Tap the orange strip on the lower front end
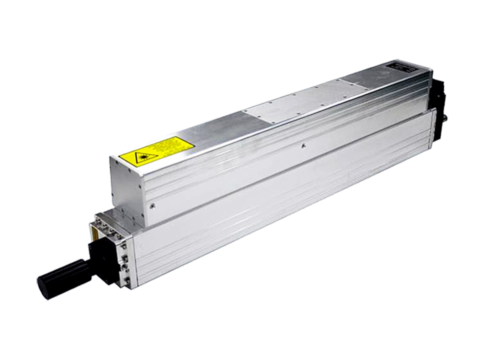(x=91, y=235)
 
